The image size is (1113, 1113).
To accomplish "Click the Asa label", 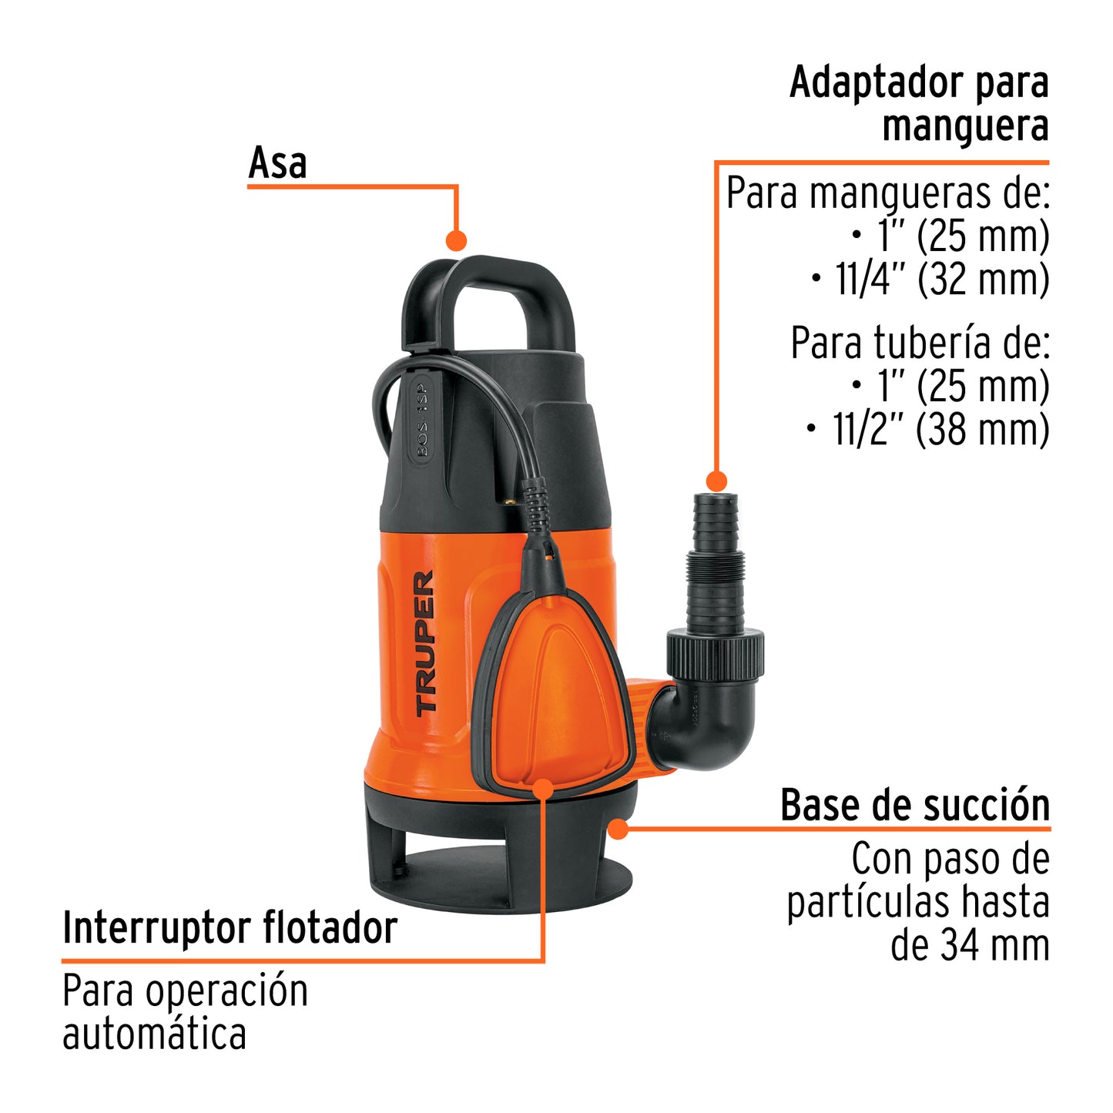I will pos(277,163).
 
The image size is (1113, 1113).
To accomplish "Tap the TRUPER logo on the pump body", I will pos(425,643).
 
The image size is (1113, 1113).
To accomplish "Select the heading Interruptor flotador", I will pos(230,927).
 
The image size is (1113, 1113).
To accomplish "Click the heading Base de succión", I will pos(915,806).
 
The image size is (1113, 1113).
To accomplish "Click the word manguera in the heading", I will pos(965,126).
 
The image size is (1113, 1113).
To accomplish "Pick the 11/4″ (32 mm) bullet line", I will pos(930,280).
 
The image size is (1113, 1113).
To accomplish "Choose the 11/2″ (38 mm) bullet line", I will pos(927,430).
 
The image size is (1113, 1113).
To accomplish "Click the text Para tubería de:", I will pos(920,344).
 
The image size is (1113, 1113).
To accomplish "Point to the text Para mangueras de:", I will pos(888,193).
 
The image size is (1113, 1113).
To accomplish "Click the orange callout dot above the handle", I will pos(457,240).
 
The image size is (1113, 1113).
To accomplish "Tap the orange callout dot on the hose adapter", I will pos(716,481).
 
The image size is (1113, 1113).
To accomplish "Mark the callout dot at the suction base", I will pos(618,829).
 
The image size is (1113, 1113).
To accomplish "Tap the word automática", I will pos(154,1034).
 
